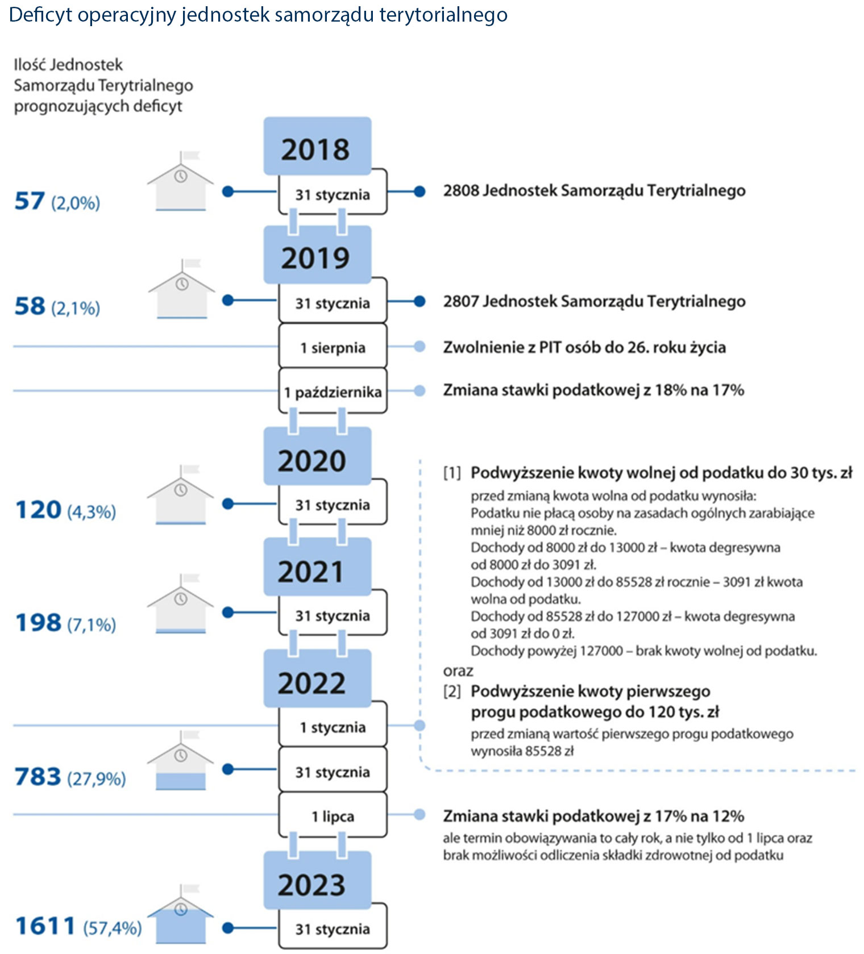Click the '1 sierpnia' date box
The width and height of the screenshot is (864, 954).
[333, 347]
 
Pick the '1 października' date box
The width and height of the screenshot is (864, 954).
[333, 391]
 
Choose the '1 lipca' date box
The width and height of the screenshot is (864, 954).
[333, 816]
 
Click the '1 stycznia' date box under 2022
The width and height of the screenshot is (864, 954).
[333, 727]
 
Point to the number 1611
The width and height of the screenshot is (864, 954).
[45, 926]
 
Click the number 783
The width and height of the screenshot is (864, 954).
[38, 776]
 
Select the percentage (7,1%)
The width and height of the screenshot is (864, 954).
[92, 624]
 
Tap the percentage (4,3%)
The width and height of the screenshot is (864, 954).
[92, 511]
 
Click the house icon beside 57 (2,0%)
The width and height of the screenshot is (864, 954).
[181, 183]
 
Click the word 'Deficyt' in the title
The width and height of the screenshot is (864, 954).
[40, 15]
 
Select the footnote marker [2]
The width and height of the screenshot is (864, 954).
[452, 691]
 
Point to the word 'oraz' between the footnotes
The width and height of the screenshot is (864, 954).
[458, 671]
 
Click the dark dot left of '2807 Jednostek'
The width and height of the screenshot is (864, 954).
[419, 301]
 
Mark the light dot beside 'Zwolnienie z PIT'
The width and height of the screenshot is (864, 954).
[419, 347]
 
